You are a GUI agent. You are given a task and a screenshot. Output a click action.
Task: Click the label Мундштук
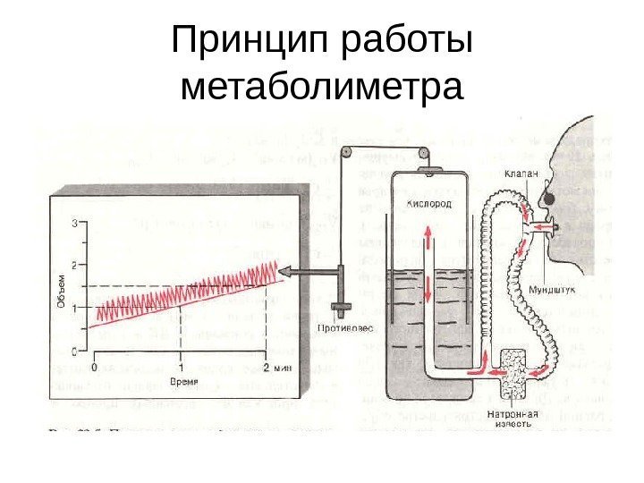pyautogui.click(x=552, y=291)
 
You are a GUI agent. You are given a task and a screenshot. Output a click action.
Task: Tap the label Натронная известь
pyautogui.click(x=513, y=419)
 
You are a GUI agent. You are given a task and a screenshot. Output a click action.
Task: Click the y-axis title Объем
pyautogui.click(x=61, y=291)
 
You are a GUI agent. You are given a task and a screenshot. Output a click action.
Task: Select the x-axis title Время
pyautogui.click(x=182, y=382)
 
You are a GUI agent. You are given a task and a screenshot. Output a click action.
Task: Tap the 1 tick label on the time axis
pyautogui.click(x=182, y=367)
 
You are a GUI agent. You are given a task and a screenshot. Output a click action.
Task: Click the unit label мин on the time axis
pyautogui.click(x=284, y=367)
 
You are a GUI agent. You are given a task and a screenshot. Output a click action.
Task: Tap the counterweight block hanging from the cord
pyautogui.click(x=340, y=310)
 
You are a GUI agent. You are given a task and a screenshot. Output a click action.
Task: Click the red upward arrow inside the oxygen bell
pyautogui.click(x=428, y=234)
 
